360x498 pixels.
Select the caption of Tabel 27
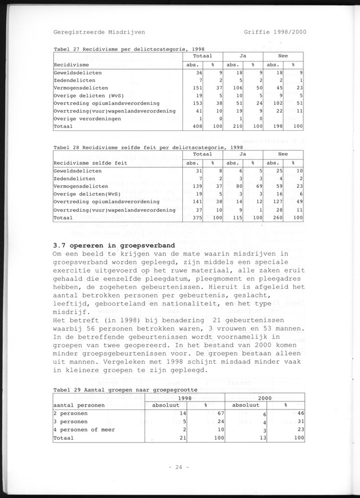pos(129,49)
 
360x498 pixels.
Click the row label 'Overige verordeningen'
pos(87,118)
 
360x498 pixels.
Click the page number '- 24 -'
pos(180,467)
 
